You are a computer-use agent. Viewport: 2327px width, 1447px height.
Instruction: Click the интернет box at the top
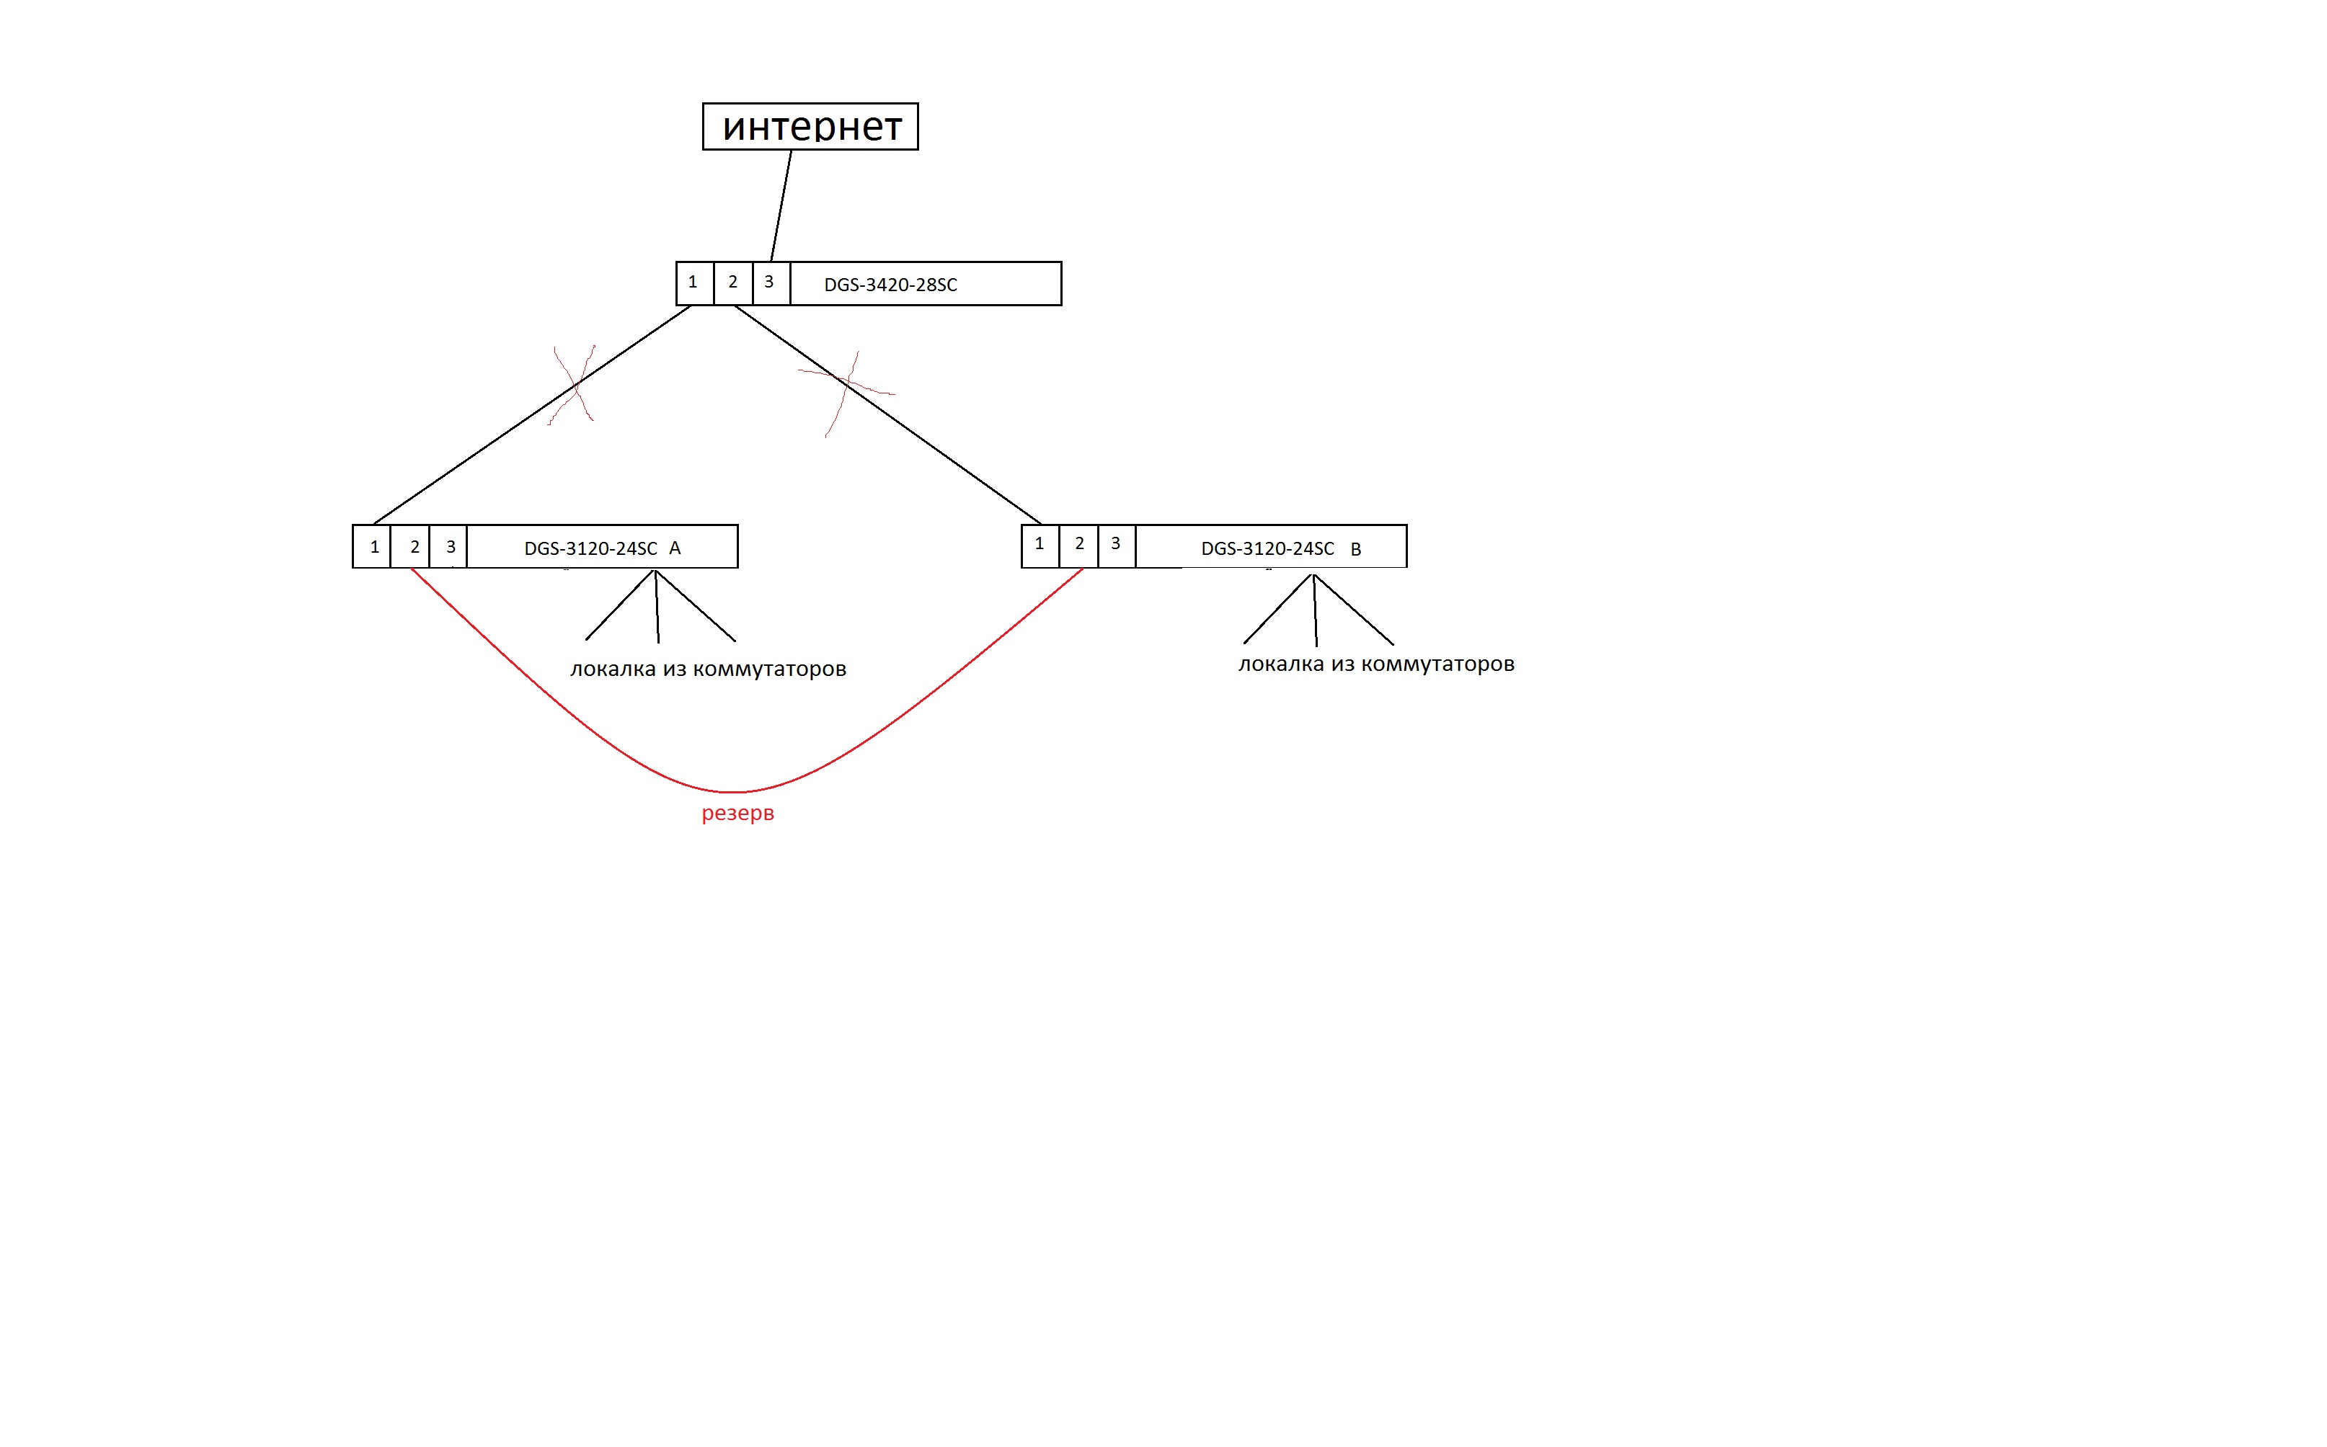810,126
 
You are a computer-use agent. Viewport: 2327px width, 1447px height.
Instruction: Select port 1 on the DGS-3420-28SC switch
694,283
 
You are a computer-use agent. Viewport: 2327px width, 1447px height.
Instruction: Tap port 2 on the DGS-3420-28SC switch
733,283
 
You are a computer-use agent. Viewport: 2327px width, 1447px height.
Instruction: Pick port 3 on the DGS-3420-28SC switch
771,283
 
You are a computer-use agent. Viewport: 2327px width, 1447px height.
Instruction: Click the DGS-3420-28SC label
890,284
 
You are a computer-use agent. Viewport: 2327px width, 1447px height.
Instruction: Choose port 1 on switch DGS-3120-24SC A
373,546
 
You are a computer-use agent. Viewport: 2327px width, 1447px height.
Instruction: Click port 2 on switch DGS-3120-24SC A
411,546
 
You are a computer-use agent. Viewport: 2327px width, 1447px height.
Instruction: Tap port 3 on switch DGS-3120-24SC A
449,546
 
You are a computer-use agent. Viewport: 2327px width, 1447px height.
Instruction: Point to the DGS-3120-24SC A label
602,548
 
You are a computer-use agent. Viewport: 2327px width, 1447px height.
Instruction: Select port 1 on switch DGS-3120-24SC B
1040,546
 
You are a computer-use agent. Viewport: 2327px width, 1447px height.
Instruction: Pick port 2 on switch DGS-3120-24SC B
1078,546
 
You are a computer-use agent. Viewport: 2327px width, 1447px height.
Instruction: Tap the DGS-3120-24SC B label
1280,548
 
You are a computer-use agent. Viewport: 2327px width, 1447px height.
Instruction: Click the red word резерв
737,814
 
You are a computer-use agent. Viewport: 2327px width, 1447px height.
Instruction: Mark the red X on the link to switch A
575,386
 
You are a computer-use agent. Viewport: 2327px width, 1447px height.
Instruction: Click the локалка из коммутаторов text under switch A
709,669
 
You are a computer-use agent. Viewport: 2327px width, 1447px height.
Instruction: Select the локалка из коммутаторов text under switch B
1376,664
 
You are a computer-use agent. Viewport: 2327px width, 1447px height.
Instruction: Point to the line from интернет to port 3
781,206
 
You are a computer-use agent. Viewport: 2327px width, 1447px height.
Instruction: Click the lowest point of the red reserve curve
732,791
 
